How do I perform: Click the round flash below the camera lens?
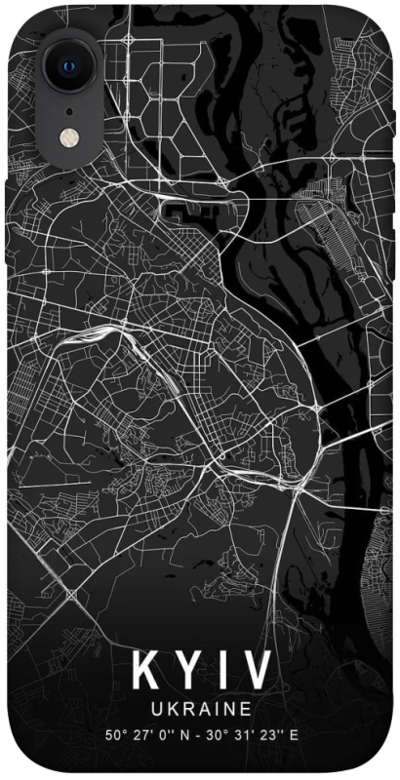[x=68, y=137]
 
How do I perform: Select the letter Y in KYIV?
[x=187, y=671]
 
